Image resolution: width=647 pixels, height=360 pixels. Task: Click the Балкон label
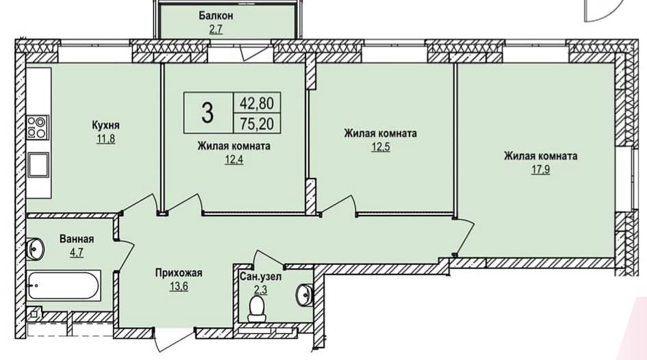pos(216,16)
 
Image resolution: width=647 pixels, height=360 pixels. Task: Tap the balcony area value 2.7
pos(216,29)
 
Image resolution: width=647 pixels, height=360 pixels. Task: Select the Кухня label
pos(106,125)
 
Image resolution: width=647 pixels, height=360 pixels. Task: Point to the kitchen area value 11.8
pos(105,138)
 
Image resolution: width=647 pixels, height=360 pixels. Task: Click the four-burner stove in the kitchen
pos(38,127)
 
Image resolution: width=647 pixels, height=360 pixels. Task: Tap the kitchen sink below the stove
pos(38,164)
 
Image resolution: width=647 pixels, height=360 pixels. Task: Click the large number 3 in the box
pos(207,112)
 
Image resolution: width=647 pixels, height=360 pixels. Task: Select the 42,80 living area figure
pos(257,103)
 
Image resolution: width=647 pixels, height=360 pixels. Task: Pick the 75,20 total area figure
pos(257,123)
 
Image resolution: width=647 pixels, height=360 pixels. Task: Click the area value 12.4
pos(234,159)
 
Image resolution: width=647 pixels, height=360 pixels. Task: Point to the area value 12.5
pos(381,146)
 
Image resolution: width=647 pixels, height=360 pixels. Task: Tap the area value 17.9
pos(540,169)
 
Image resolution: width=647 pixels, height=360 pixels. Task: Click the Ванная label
pos(77,239)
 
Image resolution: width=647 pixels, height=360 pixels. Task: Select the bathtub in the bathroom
pos(64,285)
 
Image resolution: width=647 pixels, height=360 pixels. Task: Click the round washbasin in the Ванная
pos(36,248)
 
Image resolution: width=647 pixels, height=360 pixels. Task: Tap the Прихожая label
pos(179,273)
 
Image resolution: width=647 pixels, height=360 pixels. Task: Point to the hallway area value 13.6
pos(179,286)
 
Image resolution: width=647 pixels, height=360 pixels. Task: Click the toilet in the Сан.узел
pos(257,309)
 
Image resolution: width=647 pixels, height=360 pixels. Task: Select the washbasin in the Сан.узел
pos(305,295)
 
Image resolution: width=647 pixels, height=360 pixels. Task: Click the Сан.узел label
pos(260,277)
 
